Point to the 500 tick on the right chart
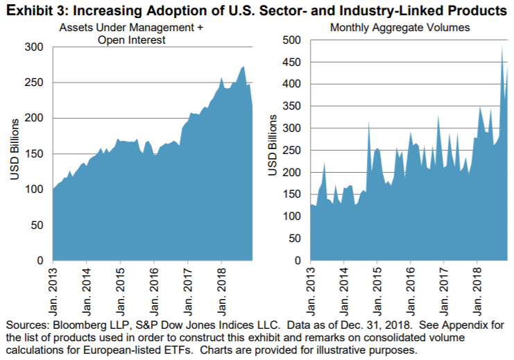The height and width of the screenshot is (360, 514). point(293,40)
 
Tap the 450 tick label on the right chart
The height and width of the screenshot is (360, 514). point(293,62)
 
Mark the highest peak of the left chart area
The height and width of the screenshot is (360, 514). point(243,67)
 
